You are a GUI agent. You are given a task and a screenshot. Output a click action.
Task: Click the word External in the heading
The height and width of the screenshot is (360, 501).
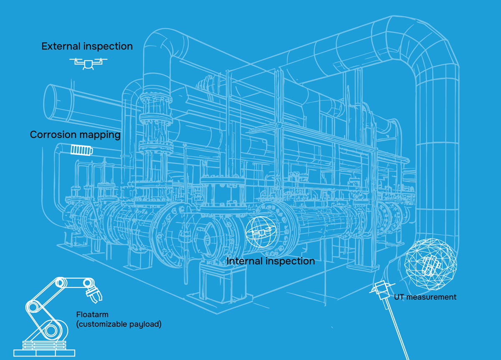(x=60, y=46)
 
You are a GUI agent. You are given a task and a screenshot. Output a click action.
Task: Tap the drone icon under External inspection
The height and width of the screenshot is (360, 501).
(x=88, y=63)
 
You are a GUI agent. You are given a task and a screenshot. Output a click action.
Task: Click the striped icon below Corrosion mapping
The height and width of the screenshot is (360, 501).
(x=81, y=149)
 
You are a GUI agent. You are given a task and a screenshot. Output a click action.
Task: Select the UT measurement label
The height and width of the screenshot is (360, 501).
(x=425, y=297)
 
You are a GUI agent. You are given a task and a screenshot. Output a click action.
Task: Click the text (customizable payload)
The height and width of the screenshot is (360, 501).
(x=119, y=324)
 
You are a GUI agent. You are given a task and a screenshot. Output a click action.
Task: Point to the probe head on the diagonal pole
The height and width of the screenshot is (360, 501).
(x=380, y=287)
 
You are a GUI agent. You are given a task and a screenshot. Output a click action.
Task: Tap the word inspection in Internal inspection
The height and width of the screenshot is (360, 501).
(x=291, y=262)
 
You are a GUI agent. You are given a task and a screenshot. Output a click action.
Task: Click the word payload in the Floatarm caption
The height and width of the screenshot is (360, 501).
(x=147, y=324)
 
